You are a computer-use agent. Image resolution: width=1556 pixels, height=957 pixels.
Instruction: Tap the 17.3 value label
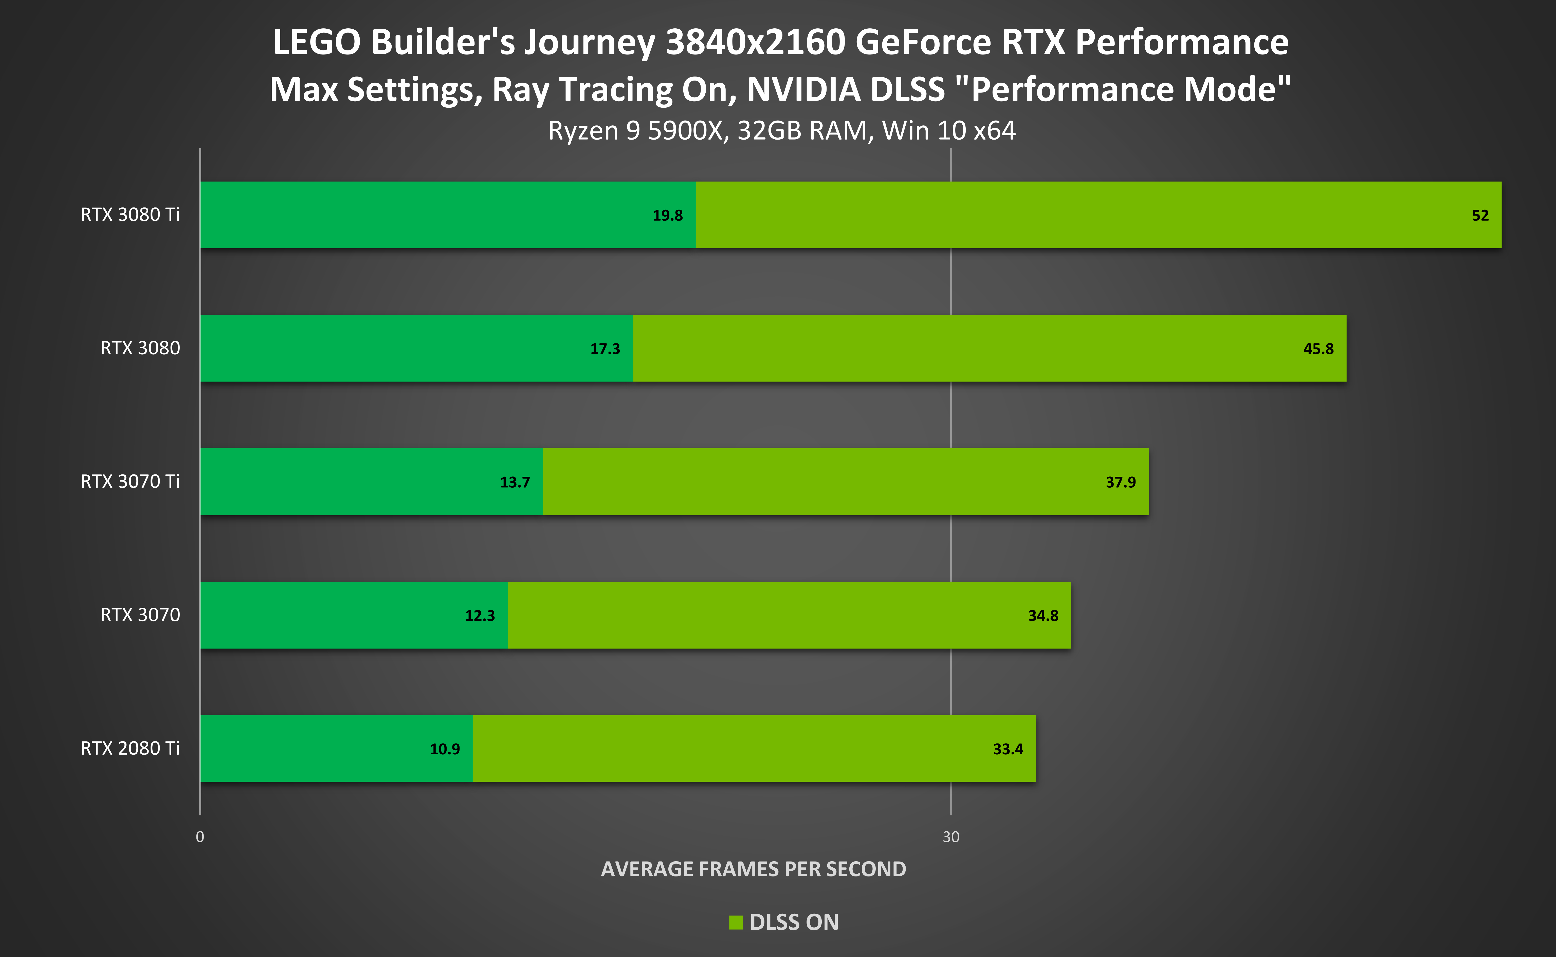pos(605,349)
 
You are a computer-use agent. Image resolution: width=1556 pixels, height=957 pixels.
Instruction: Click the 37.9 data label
pos(1120,482)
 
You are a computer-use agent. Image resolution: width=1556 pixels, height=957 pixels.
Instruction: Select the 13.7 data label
pos(515,482)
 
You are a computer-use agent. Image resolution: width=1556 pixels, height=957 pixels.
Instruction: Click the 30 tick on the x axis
pos(950,837)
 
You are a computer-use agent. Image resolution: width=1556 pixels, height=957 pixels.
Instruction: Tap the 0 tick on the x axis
pos(199,837)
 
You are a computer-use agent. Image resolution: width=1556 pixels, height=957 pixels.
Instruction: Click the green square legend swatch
pos(736,922)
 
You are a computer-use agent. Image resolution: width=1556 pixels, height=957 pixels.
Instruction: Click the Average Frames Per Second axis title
pos(753,869)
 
